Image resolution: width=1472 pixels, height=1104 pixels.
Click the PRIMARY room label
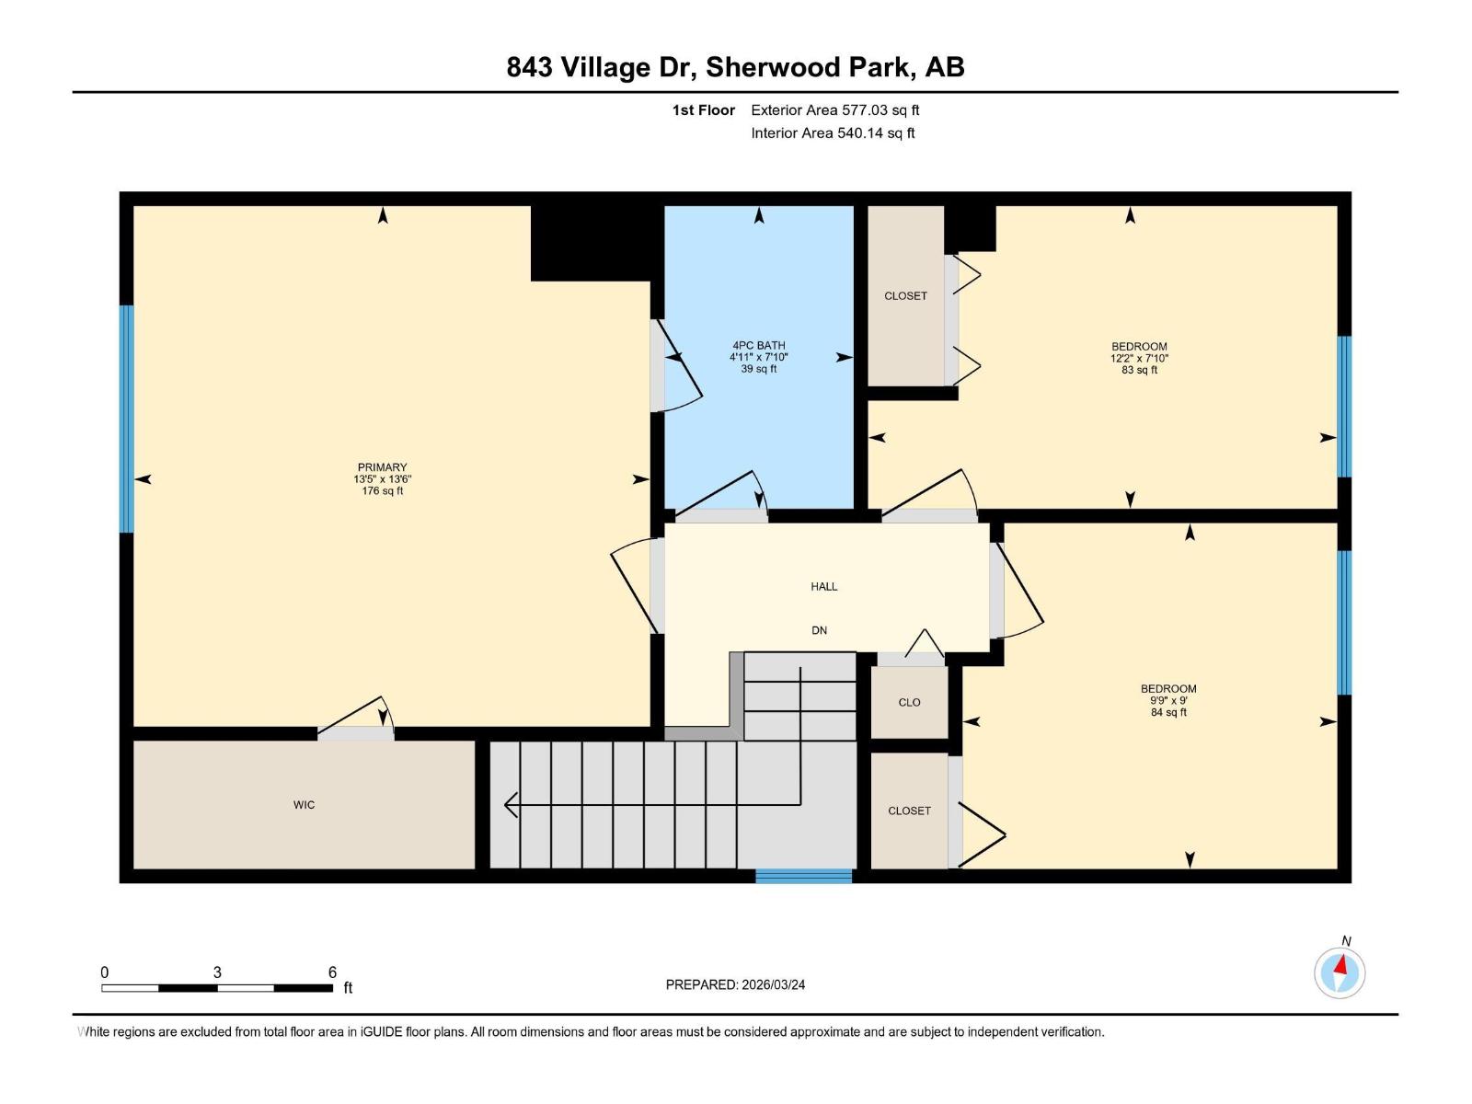click(382, 467)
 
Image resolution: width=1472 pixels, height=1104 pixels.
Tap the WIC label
click(304, 805)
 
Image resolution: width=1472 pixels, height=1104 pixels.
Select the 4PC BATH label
click(759, 346)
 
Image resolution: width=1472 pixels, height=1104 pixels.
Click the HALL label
click(824, 586)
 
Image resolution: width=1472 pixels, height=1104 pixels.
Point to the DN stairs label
click(819, 630)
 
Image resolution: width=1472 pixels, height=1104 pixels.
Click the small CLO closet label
click(909, 702)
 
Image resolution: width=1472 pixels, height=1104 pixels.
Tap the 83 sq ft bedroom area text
click(1139, 370)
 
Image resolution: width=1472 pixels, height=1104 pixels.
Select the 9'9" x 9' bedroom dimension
click(1168, 700)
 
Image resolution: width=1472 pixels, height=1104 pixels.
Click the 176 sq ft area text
click(382, 491)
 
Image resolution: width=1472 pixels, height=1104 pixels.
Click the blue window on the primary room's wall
click(127, 419)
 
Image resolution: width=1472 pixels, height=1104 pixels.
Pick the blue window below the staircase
click(804, 876)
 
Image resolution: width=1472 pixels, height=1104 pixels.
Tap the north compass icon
click(1340, 972)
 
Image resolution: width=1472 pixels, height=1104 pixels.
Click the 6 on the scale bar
click(332, 972)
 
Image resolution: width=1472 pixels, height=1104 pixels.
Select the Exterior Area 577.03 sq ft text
click(834, 110)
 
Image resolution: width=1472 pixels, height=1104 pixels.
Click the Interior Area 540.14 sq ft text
click(833, 133)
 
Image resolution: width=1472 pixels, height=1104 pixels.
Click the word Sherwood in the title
click(773, 67)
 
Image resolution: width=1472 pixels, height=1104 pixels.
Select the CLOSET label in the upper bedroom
click(905, 296)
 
